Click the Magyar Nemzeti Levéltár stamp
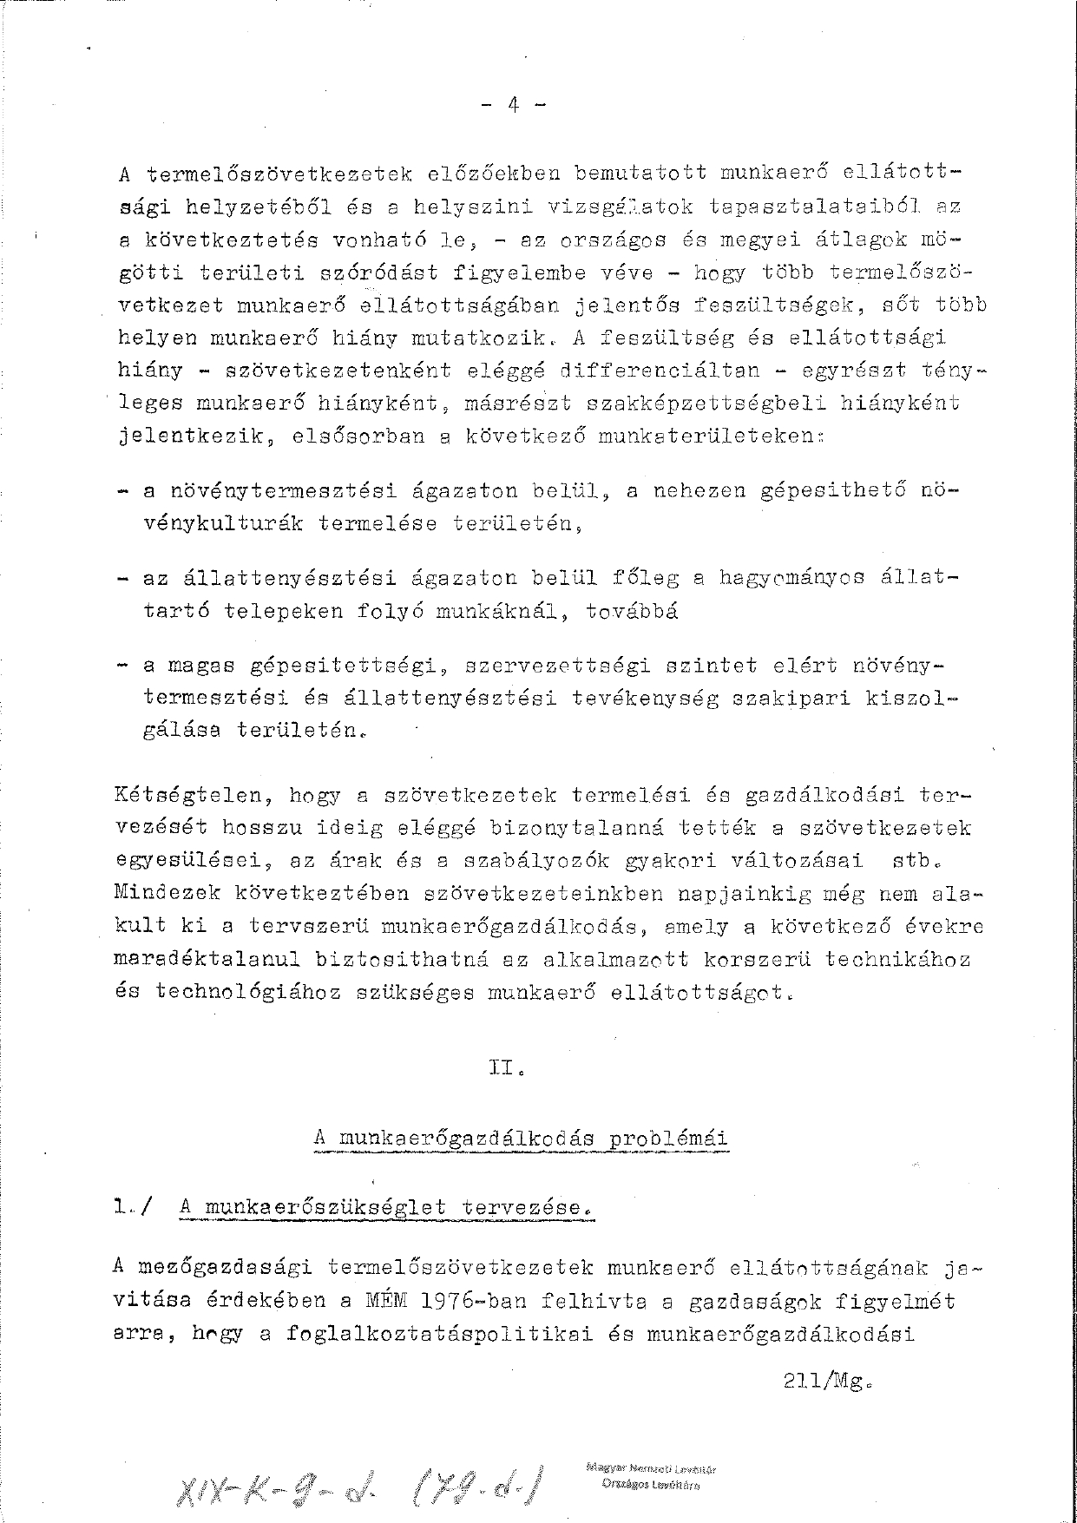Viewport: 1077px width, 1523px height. tap(651, 1476)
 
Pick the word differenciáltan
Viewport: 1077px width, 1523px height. tap(660, 370)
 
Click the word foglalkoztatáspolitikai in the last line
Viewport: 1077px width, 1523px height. tap(439, 1335)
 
